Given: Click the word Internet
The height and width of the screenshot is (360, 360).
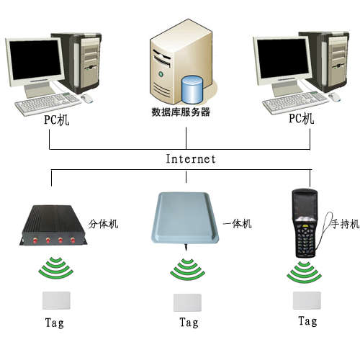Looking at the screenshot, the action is coord(191,159).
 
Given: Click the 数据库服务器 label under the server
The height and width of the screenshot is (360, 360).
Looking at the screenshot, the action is coord(181,112).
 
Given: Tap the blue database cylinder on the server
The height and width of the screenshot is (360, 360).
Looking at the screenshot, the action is coord(192,90).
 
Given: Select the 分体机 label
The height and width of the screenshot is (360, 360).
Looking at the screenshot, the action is coord(104,224).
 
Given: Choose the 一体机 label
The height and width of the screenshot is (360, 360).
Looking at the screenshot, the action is coord(237,224).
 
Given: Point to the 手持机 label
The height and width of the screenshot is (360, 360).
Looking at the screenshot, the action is coord(346,224).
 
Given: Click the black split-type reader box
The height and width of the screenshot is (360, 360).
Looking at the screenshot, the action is coord(53,225).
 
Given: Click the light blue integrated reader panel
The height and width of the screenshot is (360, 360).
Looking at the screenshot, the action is coord(185,217).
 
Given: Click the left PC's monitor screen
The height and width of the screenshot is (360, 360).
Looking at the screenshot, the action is coord(35,60).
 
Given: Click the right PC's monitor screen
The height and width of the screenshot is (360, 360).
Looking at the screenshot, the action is coord(284,58).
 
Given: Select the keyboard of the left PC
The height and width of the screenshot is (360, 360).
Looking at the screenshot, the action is coord(48,104).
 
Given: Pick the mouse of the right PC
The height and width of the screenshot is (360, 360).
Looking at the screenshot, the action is coord(335,96).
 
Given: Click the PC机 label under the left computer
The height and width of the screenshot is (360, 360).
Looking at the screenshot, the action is coord(57,120).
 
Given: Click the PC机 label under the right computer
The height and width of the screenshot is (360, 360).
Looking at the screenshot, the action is coord(302,118).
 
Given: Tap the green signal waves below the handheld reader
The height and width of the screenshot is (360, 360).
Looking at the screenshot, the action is coord(304,272).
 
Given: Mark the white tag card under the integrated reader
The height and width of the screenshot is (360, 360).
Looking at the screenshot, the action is coord(187,302).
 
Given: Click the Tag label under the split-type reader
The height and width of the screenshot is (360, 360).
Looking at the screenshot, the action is coord(55,323).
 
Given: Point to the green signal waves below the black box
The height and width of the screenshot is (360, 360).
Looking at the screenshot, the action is coord(56,268).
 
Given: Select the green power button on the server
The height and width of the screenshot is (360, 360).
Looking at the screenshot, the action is coord(161,73).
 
